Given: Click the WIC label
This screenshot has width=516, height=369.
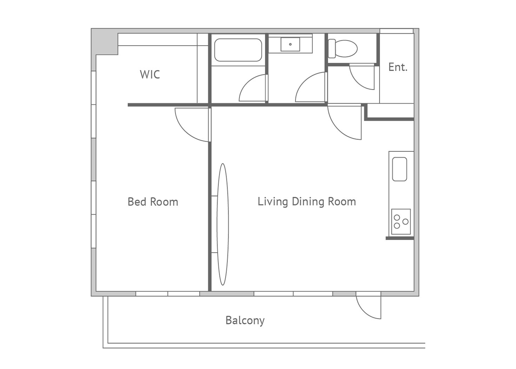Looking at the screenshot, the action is point(150,75).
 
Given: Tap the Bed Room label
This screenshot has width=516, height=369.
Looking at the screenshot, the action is point(153,202).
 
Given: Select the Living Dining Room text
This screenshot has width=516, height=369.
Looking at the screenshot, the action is point(307,202).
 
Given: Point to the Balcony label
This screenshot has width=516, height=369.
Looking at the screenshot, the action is point(245,321).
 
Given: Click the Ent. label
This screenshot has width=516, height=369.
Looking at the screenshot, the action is point(398,67).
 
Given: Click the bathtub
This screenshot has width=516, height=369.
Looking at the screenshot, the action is point(238,50).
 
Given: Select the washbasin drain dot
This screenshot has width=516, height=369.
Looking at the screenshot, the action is point(290,44).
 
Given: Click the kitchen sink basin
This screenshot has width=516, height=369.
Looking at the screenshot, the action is point(400,169).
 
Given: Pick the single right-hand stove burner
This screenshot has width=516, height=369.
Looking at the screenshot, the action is point(405,222).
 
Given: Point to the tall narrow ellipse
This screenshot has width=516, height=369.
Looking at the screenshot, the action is point(223,225).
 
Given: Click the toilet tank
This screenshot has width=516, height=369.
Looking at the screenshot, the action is point(332,48).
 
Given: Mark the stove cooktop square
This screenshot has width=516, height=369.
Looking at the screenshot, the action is point(401,222).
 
